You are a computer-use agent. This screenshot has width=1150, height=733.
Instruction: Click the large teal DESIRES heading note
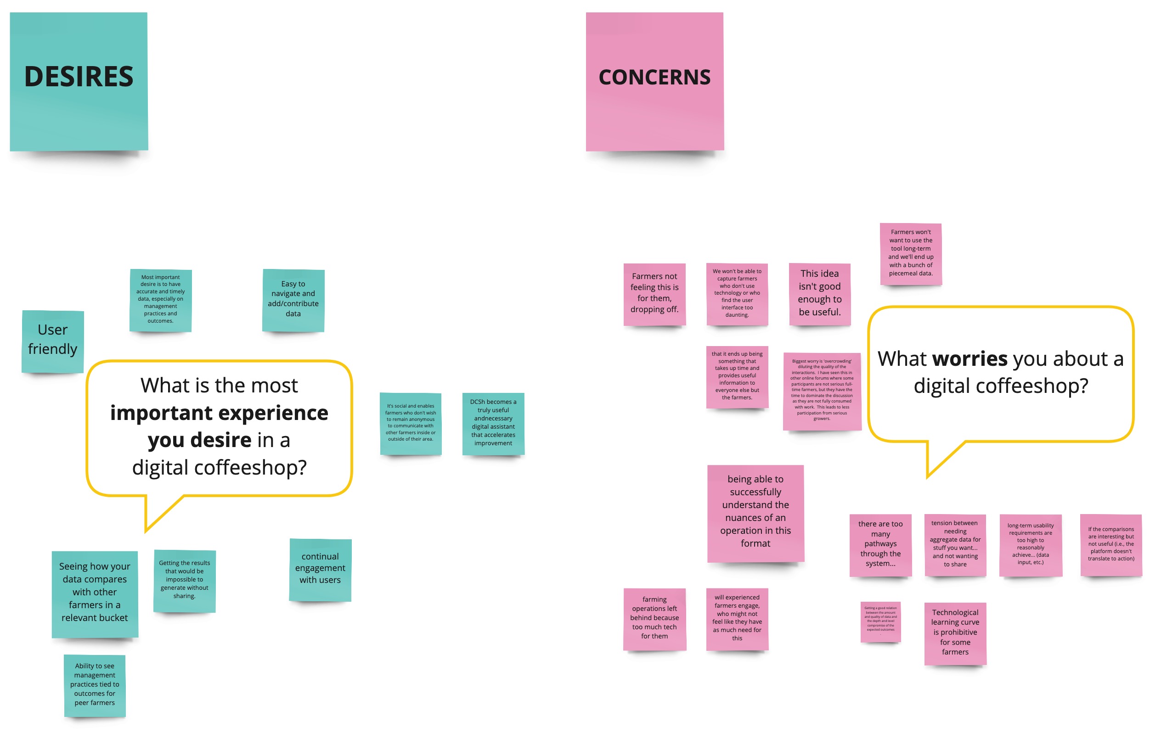coord(79,81)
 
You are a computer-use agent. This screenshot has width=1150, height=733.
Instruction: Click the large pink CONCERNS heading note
coord(655,81)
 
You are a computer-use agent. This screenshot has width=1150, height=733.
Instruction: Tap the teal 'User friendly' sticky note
coord(52,341)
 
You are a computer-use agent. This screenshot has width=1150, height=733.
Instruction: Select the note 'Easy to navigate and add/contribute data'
coord(293,300)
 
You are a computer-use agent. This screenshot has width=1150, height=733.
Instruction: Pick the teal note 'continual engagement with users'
coord(320,569)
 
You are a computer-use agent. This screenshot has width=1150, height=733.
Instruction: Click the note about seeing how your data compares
coord(95,593)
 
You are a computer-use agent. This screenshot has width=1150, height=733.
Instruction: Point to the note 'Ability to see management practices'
coord(95,685)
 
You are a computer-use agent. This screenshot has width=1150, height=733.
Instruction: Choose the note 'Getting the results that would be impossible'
coord(184,580)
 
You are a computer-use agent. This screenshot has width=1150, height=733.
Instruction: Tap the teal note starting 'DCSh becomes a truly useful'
coord(493,423)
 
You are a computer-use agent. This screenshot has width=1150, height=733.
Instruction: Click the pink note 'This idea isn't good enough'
coord(819,293)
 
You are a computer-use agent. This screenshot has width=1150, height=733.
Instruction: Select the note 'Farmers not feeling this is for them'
coord(654,293)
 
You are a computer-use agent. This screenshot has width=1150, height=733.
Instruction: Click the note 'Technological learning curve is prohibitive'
coord(955,633)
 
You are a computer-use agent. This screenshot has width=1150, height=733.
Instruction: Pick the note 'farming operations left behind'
coord(654,618)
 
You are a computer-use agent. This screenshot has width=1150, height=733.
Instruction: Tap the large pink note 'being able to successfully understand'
coord(755,513)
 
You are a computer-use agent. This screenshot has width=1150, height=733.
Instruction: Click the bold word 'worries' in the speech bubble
coord(970,359)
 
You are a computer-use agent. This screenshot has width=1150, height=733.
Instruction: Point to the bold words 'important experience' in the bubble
coord(219,413)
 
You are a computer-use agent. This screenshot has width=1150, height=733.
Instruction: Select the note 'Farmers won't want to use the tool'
coord(911,253)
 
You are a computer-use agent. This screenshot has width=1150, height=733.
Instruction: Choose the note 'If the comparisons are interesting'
coord(1111,544)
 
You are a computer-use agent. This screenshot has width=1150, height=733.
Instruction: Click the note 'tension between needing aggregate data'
coord(955,544)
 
